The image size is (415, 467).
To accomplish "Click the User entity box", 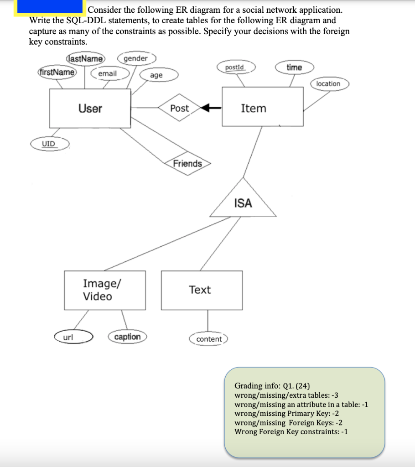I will coord(90,108).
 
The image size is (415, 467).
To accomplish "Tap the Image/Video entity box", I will coord(105,290).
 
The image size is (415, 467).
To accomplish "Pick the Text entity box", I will coord(201,290).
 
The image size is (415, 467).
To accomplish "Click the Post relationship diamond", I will coord(180,108).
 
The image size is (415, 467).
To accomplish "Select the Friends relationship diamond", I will coord(187,163).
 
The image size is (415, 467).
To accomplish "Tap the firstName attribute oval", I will coord(57,73).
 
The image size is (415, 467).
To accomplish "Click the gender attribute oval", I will coord(136,58).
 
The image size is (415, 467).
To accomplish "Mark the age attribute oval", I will coord(156,75).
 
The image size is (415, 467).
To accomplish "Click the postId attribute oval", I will coord(235,67).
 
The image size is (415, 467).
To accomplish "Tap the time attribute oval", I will coord(294,67).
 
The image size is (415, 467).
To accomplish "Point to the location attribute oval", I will coord(328,83).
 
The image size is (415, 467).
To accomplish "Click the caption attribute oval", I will coord(127,337).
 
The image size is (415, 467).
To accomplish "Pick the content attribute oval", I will coord(208,339).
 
